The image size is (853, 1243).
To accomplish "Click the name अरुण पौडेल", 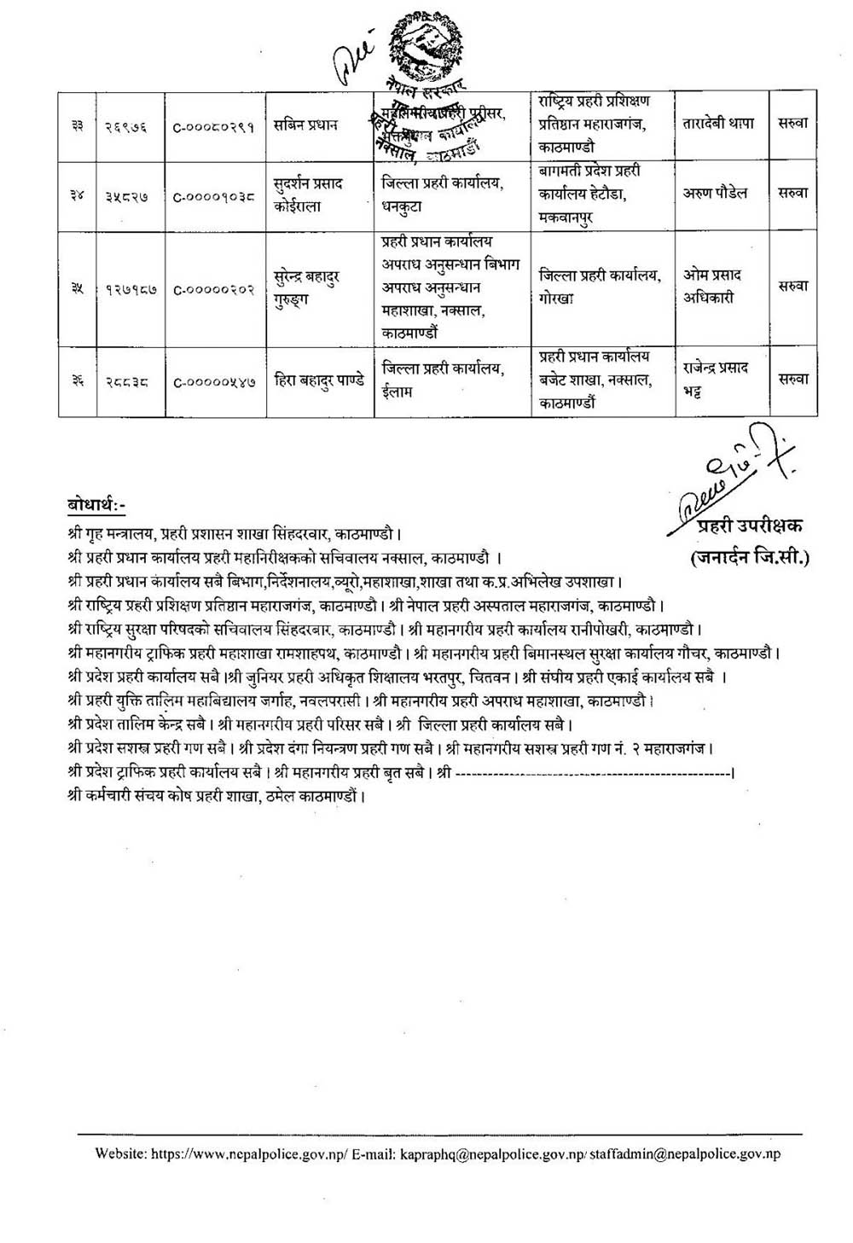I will pos(715,194).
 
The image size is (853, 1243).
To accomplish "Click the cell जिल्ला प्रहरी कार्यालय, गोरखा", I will pos(600,288).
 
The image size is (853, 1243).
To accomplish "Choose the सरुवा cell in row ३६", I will pos(792,380).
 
